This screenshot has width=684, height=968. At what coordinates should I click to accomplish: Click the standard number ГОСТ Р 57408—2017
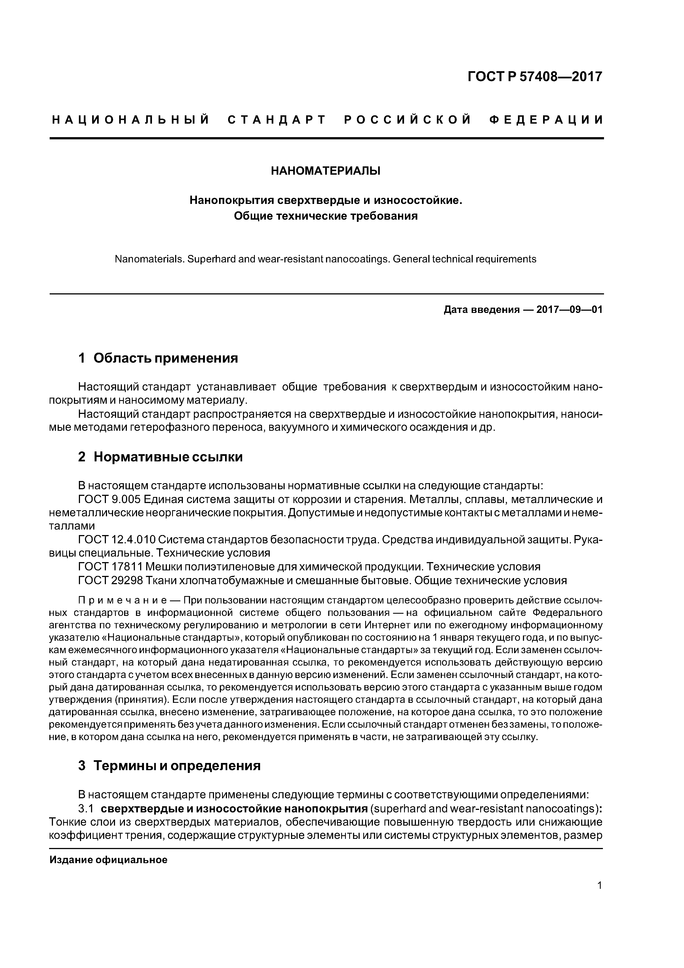pos(535,77)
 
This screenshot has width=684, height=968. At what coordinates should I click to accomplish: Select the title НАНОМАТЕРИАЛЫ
pos(325,171)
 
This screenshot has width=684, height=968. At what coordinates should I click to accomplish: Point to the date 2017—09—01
pos(569,310)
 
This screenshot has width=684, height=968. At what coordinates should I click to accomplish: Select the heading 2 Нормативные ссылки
pos(160,457)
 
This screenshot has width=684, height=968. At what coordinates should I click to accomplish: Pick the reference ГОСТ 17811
pos(111,567)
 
